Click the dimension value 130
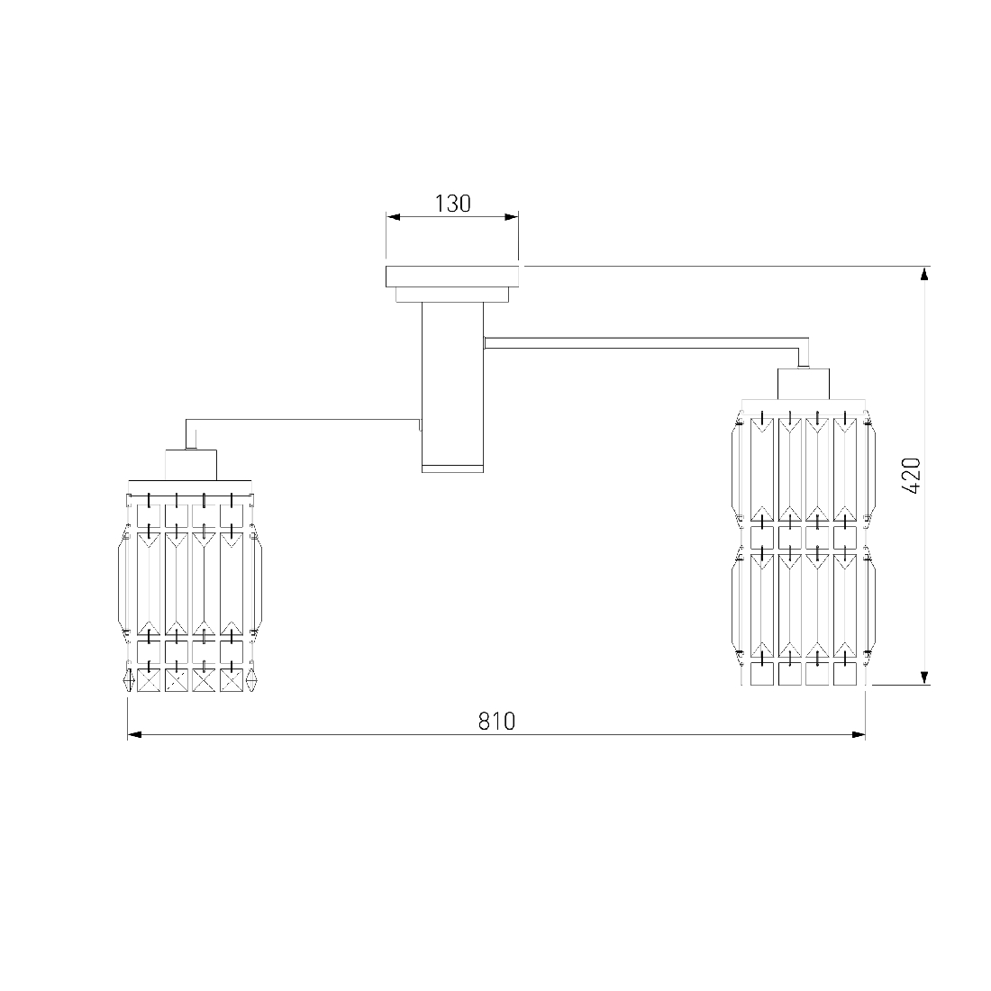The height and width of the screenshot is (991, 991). [x=452, y=204]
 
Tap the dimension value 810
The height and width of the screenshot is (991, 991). [x=496, y=721]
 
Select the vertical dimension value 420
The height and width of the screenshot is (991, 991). [x=912, y=476]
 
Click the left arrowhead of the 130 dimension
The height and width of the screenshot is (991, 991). [x=393, y=217]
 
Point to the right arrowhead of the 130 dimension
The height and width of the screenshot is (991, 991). [x=512, y=217]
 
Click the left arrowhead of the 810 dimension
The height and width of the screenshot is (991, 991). [x=134, y=735]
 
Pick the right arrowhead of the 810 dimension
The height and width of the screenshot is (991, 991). [x=859, y=735]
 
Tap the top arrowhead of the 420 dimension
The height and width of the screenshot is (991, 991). [x=924, y=274]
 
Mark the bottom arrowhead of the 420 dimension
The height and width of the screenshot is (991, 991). [x=924, y=677]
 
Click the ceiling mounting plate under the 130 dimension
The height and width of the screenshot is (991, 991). [x=452, y=277]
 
